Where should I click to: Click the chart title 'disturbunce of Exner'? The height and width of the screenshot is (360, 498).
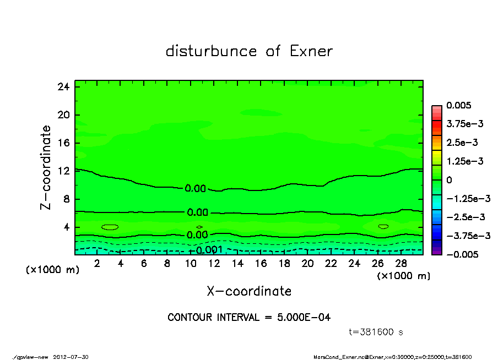249,51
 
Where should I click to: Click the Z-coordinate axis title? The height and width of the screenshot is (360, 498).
46,167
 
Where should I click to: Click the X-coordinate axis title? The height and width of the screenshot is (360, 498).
249,291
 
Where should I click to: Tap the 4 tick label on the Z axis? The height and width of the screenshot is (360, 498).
66,227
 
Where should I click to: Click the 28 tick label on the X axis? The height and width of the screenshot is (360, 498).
401,264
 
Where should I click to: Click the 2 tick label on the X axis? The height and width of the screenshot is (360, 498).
98,264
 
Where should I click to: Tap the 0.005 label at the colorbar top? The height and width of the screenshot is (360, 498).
459,105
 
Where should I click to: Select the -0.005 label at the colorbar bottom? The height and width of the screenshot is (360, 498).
462,254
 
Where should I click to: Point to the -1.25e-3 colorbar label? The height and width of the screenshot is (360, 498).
468,198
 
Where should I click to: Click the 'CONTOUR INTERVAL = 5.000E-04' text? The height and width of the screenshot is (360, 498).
249,318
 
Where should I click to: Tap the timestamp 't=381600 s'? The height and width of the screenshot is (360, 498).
377,332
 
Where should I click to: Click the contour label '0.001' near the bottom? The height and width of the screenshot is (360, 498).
209,250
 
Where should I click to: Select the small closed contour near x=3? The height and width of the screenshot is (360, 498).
110,227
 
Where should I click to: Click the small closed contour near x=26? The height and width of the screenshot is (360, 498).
383,226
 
